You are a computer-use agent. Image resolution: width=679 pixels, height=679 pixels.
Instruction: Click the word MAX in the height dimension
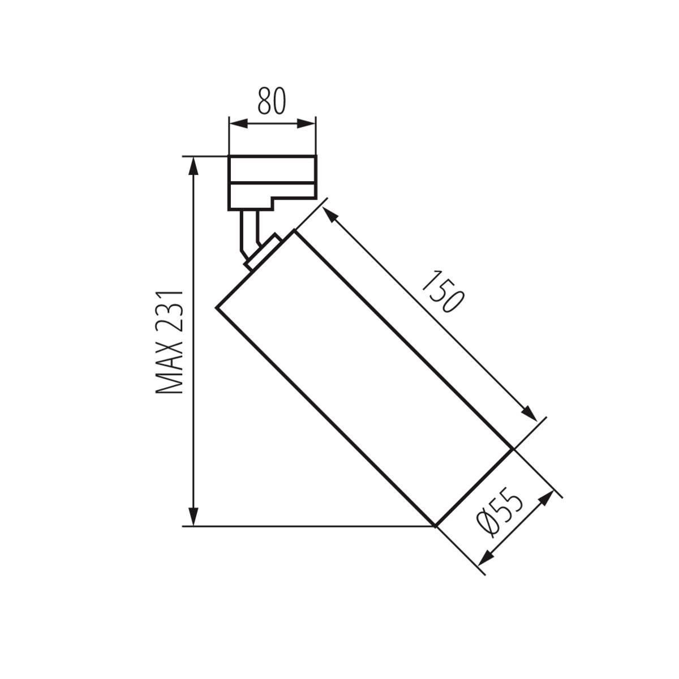point(170,370)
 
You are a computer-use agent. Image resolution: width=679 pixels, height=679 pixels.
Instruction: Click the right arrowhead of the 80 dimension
point(308,123)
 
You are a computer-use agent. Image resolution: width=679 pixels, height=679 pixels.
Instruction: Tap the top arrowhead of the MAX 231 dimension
point(194,165)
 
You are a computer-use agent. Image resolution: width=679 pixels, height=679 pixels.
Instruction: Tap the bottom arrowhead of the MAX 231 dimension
point(194,518)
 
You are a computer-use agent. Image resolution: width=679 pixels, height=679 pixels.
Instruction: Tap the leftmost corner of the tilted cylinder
point(217,307)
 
